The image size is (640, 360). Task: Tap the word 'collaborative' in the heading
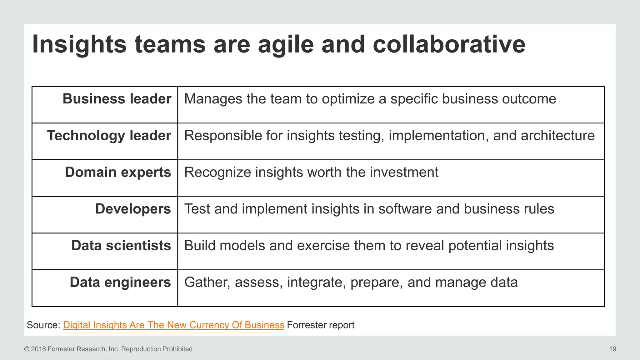coord(449,44)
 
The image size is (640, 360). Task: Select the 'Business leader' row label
coord(117,99)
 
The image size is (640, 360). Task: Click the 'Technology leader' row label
coord(109,136)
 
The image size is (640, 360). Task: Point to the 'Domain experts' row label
coord(118,172)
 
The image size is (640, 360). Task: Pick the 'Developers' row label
coord(133,209)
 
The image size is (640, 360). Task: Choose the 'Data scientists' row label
coord(121,246)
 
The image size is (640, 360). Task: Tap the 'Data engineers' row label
coord(120,282)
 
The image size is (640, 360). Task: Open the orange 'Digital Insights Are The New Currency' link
coord(173,325)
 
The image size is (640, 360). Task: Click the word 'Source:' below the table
coord(43,325)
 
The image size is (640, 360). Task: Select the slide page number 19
coord(612,349)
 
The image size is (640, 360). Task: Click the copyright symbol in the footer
coord(27,349)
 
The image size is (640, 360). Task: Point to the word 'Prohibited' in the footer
coord(177,349)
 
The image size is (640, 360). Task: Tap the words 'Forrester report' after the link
coord(321,325)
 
